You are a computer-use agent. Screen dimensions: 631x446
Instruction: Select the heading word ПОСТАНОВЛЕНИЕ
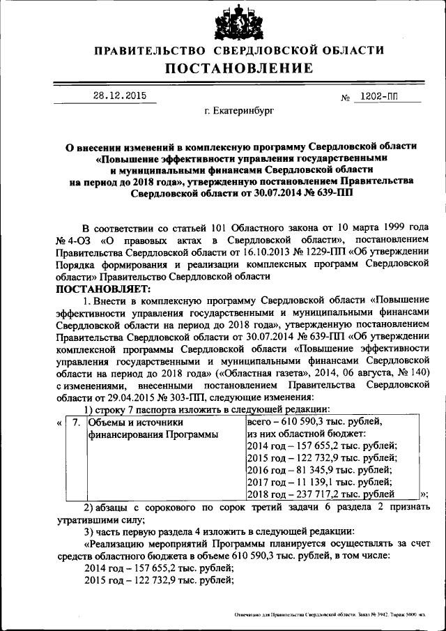pos(239,68)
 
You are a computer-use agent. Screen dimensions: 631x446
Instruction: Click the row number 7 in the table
pos(77,423)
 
